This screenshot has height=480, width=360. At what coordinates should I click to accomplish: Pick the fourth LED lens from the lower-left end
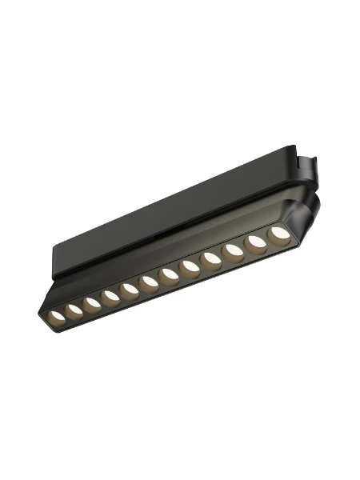110,296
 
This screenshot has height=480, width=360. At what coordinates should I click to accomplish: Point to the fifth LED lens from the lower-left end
129,289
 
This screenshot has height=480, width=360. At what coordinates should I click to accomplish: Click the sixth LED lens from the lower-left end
148,282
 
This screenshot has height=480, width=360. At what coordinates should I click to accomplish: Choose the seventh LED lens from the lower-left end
169,274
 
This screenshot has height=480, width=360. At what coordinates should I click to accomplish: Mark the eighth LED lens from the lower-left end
190,266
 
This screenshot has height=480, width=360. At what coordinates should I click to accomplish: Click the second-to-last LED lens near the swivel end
256,242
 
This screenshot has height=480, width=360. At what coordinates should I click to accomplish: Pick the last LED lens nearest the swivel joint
278,233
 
